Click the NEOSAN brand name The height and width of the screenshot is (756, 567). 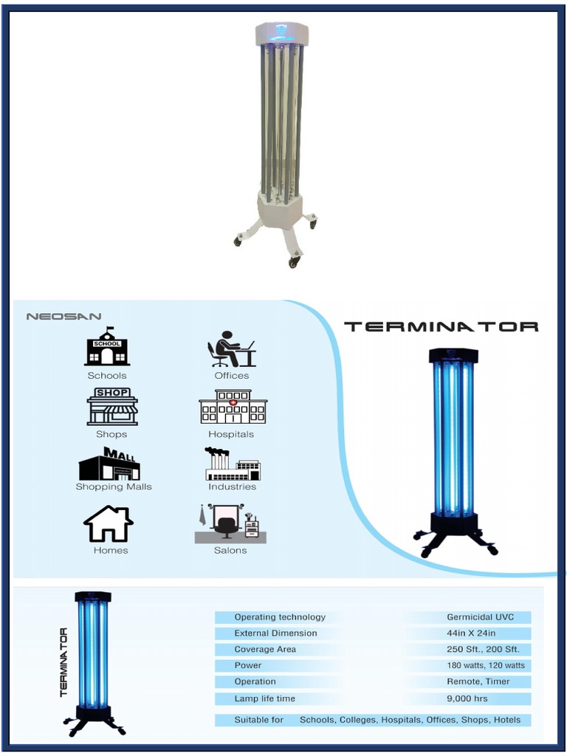(63, 317)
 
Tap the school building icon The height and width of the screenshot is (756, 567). (107, 346)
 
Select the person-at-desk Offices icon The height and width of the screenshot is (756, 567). (231, 349)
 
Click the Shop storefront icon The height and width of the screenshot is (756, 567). (112, 407)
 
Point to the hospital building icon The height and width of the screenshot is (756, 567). (233, 408)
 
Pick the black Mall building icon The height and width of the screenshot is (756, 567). (109, 464)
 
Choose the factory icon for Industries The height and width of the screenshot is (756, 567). (233, 464)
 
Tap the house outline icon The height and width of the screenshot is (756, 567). (109, 524)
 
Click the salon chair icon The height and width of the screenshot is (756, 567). (230, 524)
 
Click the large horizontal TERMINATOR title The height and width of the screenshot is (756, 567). (441, 326)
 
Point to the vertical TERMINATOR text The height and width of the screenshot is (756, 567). (63, 662)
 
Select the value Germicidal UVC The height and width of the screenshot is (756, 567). (480, 617)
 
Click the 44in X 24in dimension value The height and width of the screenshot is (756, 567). (470, 633)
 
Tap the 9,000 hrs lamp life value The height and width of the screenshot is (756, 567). (467, 698)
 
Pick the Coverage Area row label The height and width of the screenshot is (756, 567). (265, 650)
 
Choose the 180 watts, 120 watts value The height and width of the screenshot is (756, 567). (486, 665)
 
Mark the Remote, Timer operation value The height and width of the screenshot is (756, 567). (478, 681)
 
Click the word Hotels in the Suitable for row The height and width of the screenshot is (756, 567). (507, 720)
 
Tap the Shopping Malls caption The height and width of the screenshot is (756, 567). (114, 487)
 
